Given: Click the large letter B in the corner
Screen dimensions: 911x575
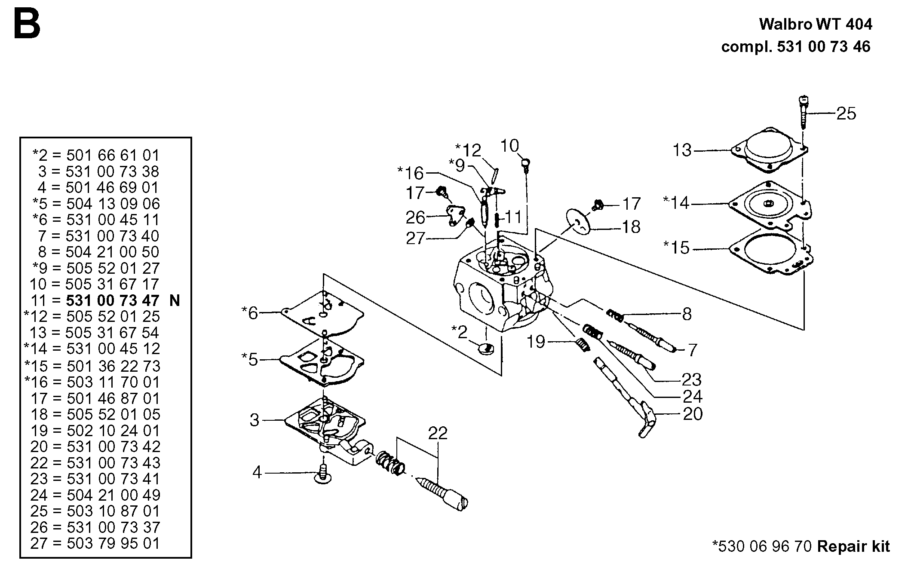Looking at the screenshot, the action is coord(27,25).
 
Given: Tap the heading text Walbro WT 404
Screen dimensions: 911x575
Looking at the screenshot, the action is coord(816,24).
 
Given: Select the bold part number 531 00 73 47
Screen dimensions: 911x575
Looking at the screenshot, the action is coord(113,300).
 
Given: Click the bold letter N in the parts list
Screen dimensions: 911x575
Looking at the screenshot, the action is coord(175,300).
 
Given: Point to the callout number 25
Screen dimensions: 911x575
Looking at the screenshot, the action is coord(846,113).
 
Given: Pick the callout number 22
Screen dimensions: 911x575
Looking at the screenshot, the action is coord(437,433).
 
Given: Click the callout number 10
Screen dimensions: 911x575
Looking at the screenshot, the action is coord(509,146).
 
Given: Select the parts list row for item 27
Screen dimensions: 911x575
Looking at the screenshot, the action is coord(95,543).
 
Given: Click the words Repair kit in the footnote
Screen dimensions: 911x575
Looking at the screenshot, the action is coord(853,546).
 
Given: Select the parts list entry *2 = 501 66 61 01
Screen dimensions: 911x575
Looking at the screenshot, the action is coord(95,155).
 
